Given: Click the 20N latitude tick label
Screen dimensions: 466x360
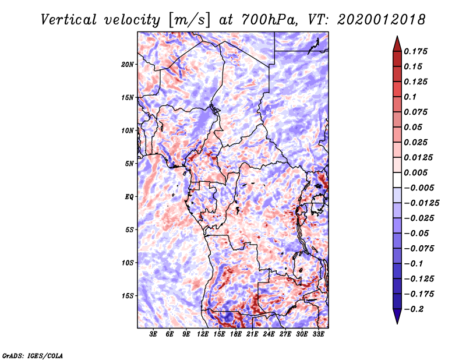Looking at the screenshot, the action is (x=128, y=65).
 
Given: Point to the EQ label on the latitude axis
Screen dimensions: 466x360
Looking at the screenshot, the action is (x=129, y=197).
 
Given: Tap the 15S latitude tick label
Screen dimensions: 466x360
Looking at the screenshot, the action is (x=128, y=296).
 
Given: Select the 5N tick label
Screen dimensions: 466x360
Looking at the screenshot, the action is (x=129, y=164).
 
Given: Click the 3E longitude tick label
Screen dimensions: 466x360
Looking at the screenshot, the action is (x=153, y=334).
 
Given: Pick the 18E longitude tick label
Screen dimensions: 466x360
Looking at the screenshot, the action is (x=236, y=334).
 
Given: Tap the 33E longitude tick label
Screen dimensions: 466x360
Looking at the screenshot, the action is (x=318, y=334).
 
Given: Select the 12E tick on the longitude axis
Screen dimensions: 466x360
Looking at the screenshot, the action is (x=203, y=334).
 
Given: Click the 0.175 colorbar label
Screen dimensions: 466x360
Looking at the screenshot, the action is (x=415, y=51).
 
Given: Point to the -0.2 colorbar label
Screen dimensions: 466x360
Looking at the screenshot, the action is (x=414, y=309).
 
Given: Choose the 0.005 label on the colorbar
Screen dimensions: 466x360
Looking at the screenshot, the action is (x=415, y=172).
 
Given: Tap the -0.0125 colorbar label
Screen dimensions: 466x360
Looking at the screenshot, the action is (x=421, y=203).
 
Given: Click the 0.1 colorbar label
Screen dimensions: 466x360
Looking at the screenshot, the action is (x=410, y=97).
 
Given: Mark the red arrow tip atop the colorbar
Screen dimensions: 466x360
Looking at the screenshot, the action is (x=397, y=36).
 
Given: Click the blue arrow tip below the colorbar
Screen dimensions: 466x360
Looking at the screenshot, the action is (x=397, y=323).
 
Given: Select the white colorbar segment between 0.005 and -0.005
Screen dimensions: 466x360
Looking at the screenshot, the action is (x=397, y=180).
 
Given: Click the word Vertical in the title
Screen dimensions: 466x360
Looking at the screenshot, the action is (x=69, y=20).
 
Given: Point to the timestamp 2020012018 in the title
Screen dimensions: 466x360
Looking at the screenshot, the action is (x=382, y=20).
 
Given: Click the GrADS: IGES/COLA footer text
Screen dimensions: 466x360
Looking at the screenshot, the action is (x=33, y=355).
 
